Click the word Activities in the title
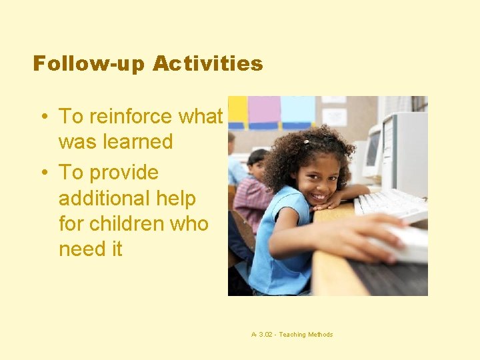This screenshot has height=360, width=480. click(x=207, y=64)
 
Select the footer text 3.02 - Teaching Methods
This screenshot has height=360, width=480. click(x=291, y=335)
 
